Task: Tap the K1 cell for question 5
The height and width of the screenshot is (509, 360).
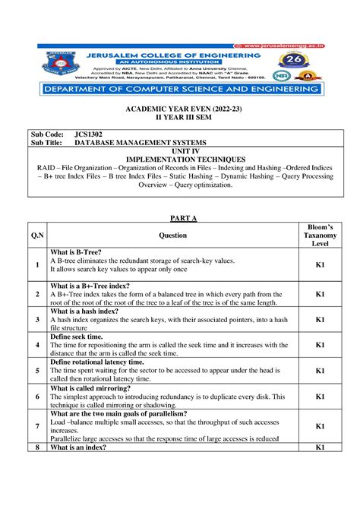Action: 320,371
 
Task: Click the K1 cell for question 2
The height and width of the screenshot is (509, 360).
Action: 320,293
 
